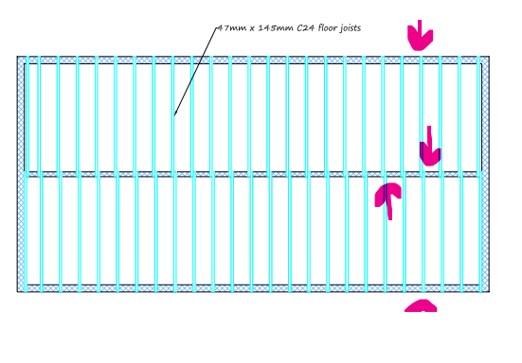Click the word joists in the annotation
[x=351, y=28]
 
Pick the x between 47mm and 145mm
[x=252, y=29]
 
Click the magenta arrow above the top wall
[x=420, y=35]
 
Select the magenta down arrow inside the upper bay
[x=430, y=147]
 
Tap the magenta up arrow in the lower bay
[x=388, y=200]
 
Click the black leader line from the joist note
[x=196, y=71]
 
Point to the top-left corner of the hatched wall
[x=17, y=57]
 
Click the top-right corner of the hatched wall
[x=489, y=57]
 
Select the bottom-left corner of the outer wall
[x=17, y=292]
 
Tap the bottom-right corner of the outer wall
[x=489, y=292]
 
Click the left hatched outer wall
[x=21, y=174]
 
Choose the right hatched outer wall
[x=485, y=174]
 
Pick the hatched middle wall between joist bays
[x=253, y=174]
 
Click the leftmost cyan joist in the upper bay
[x=27, y=114]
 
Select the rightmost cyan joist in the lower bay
[x=480, y=233]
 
